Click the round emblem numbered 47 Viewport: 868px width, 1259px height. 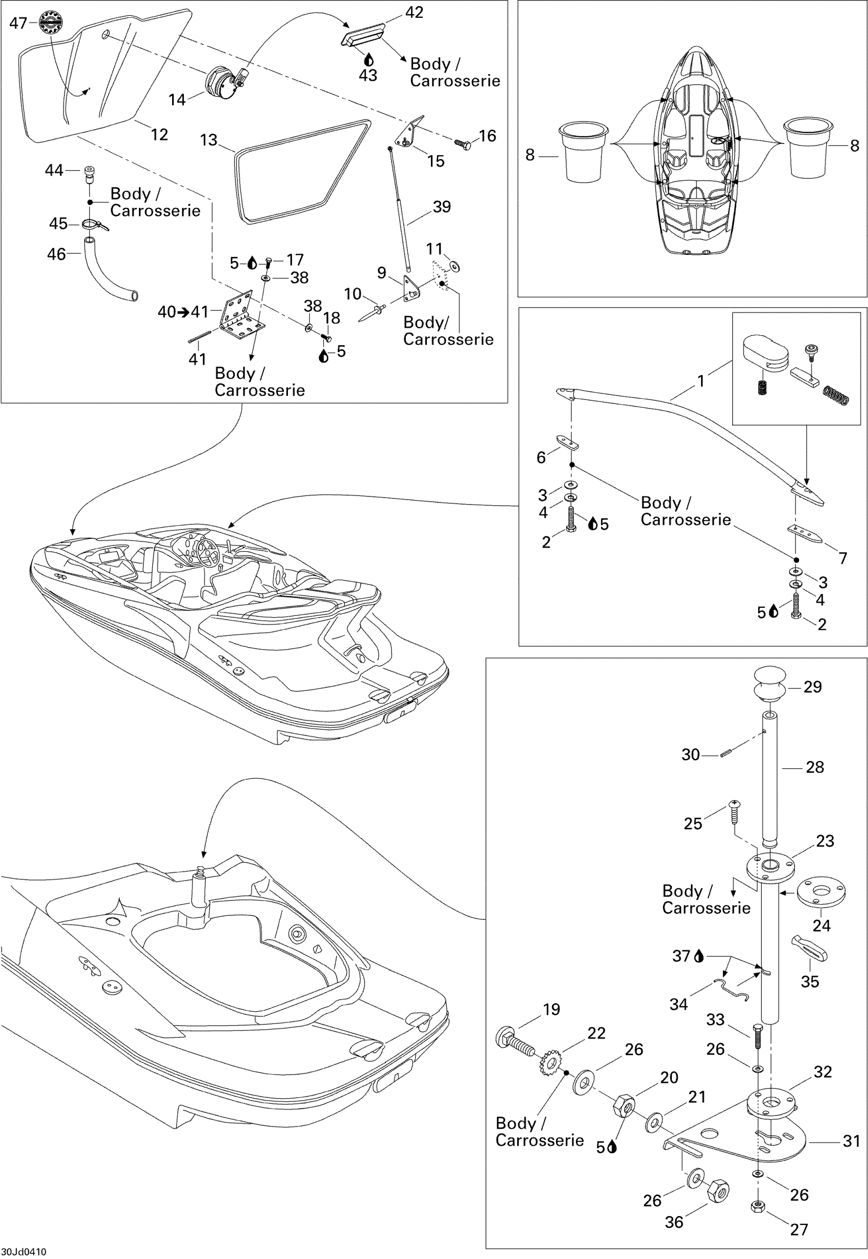click(x=51, y=23)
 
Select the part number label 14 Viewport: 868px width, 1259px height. click(x=177, y=100)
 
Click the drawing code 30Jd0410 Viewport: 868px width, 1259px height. click(x=23, y=1252)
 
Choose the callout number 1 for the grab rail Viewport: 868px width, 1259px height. click(x=701, y=381)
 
